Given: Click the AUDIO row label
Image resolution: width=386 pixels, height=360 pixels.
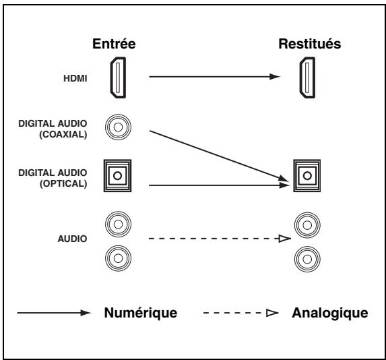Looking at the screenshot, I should [x=71, y=238].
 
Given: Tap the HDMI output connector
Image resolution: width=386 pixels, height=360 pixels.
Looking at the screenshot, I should [x=308, y=77].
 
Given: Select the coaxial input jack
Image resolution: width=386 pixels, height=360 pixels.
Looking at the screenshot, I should [x=115, y=127].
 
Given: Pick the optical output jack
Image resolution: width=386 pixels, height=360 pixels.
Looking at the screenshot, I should [x=307, y=177].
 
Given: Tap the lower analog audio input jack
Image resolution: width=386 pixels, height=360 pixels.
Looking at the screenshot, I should [x=115, y=256].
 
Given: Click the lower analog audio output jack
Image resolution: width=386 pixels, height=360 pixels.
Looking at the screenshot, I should [x=307, y=256].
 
